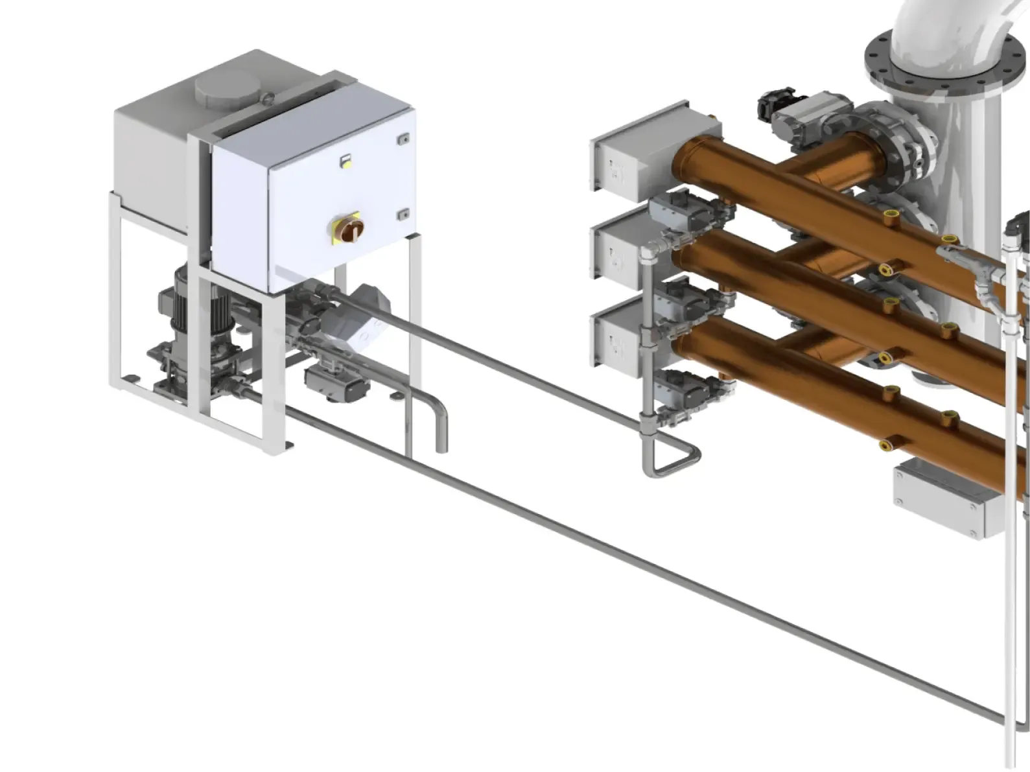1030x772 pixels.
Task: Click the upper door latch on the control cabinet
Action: point(403,138)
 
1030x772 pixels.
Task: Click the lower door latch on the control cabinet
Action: point(403,213)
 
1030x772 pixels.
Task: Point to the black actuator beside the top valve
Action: point(776,103)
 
